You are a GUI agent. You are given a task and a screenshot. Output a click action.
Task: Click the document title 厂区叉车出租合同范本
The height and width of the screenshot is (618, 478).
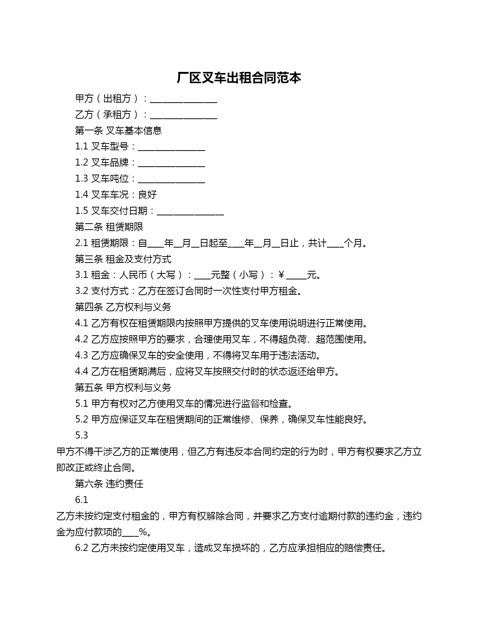(239, 78)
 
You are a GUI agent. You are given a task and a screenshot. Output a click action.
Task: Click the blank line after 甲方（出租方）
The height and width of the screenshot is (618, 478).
(183, 99)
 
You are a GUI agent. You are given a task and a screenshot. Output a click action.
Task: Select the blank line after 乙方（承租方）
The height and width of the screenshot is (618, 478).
(183, 115)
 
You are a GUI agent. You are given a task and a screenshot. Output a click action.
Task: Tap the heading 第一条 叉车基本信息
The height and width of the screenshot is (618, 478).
(118, 130)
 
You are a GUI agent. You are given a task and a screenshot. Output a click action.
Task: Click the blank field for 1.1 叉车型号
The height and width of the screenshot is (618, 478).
(171, 147)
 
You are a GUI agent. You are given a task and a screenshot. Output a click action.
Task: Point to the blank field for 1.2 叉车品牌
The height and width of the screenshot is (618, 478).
(171, 163)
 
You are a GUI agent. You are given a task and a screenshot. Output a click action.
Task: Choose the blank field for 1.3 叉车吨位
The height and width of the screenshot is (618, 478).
(171, 179)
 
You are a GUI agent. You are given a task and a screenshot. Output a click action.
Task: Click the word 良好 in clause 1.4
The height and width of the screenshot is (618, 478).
(147, 195)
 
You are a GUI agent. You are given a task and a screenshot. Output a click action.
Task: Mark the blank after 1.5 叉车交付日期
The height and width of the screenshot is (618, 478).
(190, 212)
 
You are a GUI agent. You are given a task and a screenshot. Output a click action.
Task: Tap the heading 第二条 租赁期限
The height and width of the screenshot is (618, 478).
(109, 227)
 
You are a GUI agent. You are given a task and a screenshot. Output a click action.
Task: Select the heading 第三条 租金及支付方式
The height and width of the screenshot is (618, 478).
(123, 259)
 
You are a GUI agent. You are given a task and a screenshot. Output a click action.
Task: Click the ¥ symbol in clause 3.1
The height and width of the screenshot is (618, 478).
(281, 275)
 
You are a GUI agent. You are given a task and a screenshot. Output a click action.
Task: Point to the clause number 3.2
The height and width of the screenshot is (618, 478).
(81, 291)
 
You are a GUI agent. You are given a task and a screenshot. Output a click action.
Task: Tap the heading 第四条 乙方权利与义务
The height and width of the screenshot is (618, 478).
(123, 307)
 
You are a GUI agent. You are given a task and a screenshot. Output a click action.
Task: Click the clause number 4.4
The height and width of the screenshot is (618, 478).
(81, 372)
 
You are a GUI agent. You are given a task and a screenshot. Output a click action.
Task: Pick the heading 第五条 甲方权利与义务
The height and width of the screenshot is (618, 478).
(123, 388)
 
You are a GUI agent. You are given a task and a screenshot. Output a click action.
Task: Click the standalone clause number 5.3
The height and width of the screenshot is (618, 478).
(81, 435)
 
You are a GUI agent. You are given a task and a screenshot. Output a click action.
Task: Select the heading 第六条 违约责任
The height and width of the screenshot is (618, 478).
(109, 484)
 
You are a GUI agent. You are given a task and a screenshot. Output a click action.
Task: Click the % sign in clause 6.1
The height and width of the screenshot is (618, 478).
(142, 532)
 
